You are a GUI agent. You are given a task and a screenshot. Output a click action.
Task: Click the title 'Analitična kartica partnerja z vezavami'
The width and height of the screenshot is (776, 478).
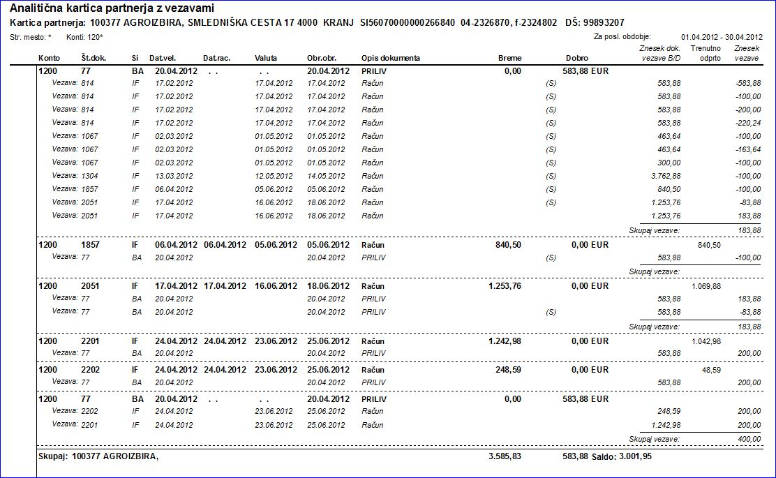[112, 8]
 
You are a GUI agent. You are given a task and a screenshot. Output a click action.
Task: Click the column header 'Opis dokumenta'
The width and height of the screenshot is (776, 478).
[391, 58]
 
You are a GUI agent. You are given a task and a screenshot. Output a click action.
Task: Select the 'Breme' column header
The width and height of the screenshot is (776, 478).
[510, 58]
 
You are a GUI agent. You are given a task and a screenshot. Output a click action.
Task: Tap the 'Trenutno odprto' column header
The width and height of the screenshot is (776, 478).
[706, 53]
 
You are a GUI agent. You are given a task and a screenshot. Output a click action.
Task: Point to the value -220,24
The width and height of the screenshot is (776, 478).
[746, 123]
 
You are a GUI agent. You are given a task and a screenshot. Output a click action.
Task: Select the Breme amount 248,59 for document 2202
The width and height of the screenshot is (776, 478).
[508, 368]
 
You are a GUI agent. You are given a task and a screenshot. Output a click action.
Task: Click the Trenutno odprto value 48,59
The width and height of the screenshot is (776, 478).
[711, 369]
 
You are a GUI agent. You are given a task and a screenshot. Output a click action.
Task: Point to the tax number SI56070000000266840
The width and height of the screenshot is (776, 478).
[407, 23]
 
